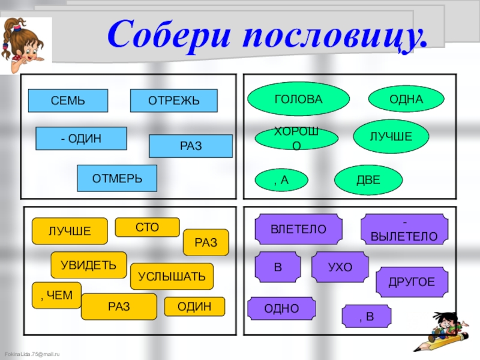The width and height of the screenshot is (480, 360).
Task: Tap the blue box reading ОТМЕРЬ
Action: [117, 178]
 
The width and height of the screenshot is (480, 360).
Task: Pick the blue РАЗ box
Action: [191, 146]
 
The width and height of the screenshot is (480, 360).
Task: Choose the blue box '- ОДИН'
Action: [81, 139]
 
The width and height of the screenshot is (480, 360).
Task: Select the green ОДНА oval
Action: [406, 99]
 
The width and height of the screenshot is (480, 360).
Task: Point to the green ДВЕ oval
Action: [368, 179]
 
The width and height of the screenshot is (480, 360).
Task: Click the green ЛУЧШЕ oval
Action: [391, 137]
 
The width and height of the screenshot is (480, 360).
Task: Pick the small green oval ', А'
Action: [281, 179]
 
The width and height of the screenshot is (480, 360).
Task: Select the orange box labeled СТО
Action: [147, 227]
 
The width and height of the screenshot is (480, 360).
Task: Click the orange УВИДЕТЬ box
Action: [89, 265]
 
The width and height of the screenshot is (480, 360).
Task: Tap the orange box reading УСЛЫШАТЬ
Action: [172, 277]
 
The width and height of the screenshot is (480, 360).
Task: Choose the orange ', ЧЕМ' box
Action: [56, 295]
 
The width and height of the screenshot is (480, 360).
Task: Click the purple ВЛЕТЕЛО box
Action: [298, 229]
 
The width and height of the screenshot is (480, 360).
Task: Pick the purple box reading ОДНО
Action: [281, 308]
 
